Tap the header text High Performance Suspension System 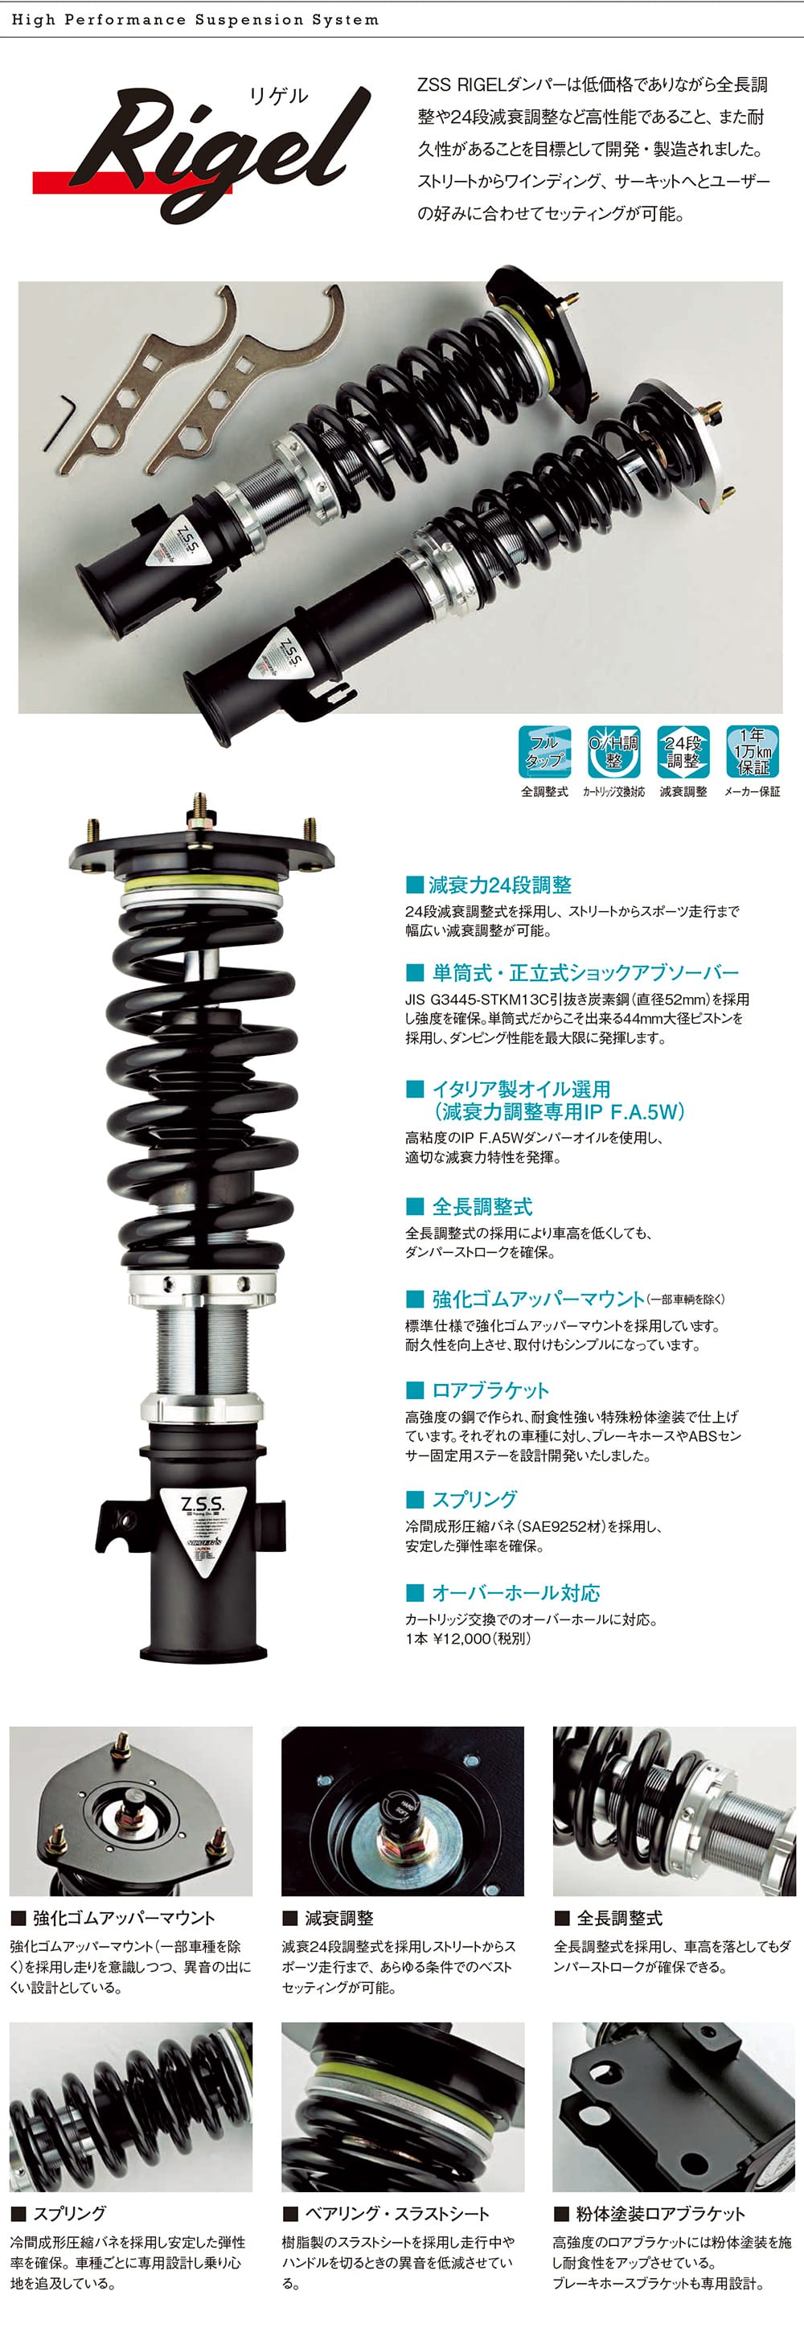click(x=195, y=19)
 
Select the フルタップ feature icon click(x=544, y=751)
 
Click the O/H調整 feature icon click(x=614, y=751)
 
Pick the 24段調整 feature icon click(x=683, y=751)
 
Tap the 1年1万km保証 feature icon click(x=753, y=751)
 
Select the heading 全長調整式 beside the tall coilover click(x=482, y=1206)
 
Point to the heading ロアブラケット click(x=490, y=1390)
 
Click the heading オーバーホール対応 click(x=515, y=1592)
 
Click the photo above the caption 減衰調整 click(x=402, y=1811)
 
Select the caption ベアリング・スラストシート click(x=396, y=2214)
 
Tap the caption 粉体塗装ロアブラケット click(x=660, y=2214)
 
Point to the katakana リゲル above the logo click(x=278, y=96)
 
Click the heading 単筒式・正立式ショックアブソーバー click(x=585, y=972)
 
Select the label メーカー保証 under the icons click(x=752, y=791)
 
